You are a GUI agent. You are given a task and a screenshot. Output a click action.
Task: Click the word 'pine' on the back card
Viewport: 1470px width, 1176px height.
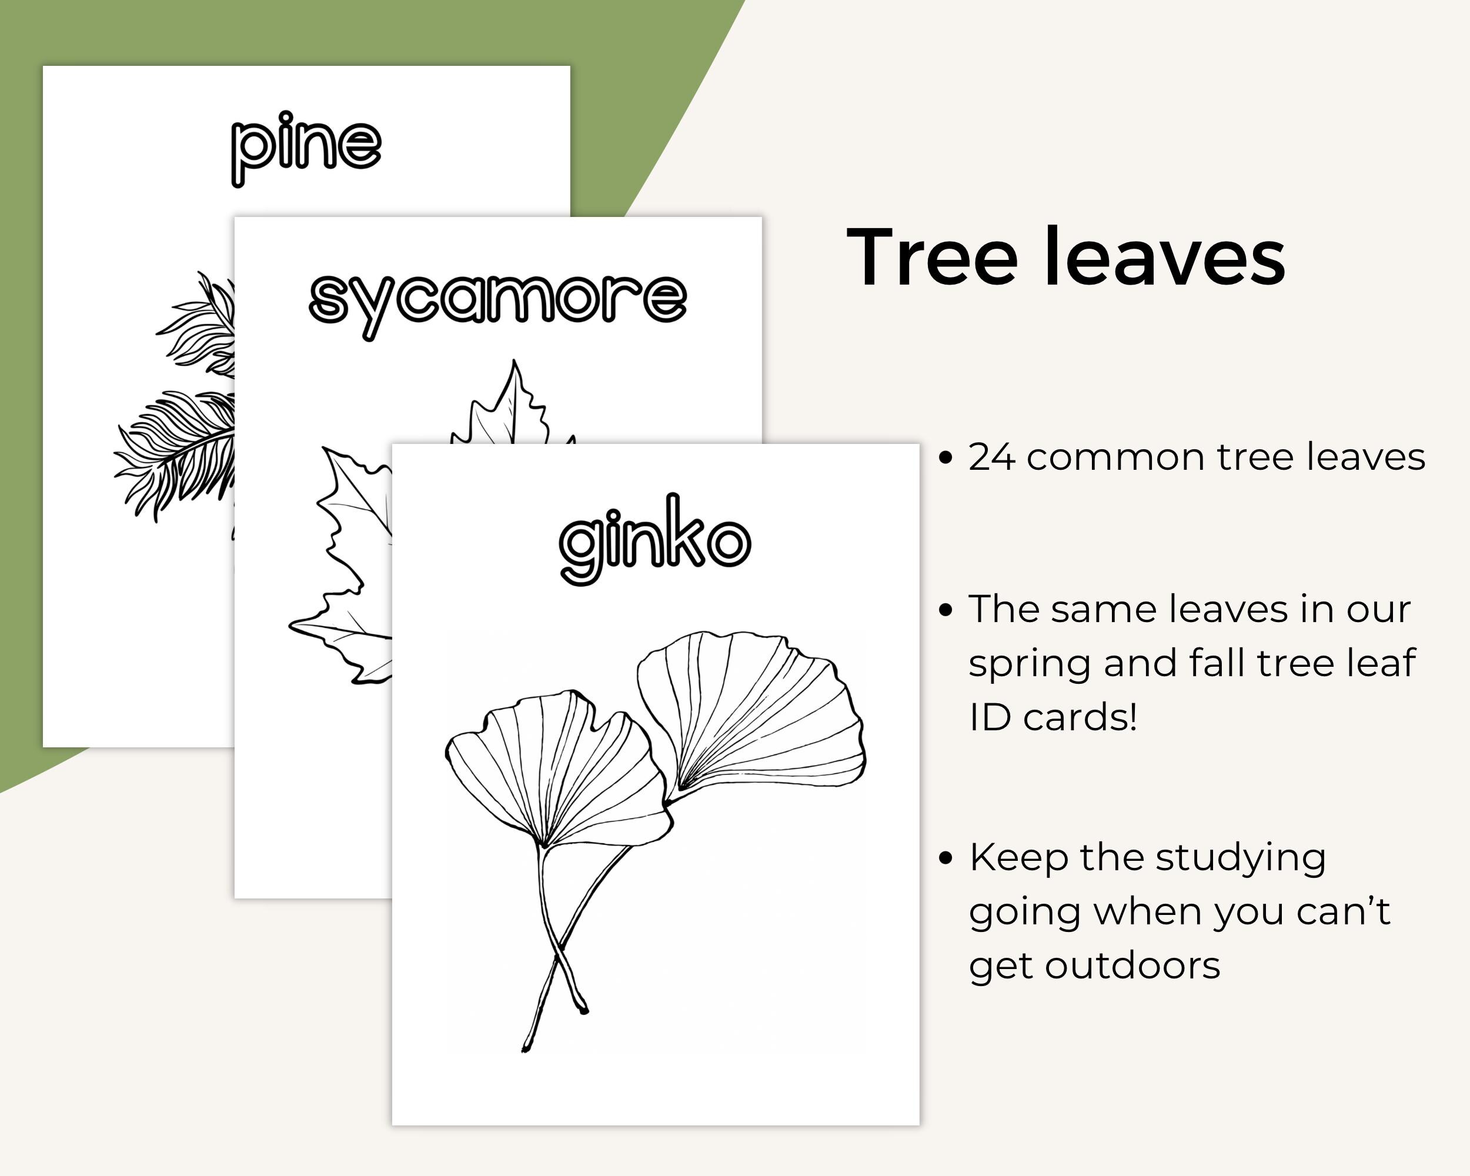(306, 148)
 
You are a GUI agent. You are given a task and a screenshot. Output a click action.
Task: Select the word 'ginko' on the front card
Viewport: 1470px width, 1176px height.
(654, 539)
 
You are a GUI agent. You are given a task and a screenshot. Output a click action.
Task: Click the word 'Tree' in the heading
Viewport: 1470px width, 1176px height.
(932, 257)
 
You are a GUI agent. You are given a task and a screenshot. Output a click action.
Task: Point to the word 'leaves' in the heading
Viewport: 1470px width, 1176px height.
(1165, 256)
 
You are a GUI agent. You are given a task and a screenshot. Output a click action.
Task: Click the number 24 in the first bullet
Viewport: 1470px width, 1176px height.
(991, 457)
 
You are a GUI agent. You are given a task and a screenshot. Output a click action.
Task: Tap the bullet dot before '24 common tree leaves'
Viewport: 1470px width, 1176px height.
(945, 457)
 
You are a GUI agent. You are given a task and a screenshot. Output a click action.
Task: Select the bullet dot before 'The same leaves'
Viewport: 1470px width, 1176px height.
(945, 610)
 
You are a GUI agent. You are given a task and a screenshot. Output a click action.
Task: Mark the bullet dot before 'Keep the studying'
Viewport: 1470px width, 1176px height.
(945, 858)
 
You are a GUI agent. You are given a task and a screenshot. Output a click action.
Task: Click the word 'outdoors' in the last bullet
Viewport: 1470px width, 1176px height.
(1132, 966)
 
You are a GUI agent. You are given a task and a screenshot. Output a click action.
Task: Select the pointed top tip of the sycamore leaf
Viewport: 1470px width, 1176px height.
(513, 360)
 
